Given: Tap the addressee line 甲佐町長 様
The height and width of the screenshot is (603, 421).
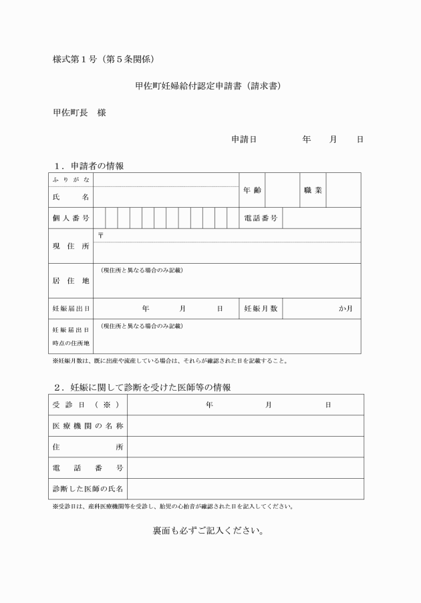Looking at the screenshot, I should pos(79,113).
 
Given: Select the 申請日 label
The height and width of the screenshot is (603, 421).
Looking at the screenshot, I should pos(245,139).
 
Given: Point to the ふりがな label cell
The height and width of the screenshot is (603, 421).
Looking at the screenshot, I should pos(70,180).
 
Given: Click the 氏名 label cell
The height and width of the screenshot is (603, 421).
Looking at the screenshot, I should pos(70,197).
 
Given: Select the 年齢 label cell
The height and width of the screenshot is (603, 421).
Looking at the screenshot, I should pos(253,190).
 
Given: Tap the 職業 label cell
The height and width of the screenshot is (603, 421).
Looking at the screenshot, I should pos(313,190).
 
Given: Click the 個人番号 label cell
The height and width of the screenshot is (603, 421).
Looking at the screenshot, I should pos(70,218).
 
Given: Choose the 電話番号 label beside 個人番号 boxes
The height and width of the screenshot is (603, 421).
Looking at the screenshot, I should pos(261,218).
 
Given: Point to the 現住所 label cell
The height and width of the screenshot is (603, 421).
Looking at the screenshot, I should pos(70,246).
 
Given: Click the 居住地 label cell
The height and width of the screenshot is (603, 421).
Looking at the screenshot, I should pos(70,280).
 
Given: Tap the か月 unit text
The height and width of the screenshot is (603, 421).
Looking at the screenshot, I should pos(345,309).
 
